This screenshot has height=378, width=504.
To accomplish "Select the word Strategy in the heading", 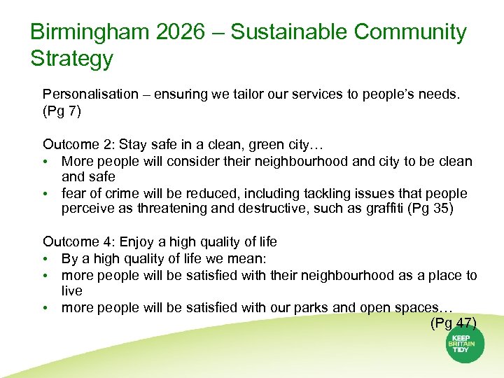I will tap(71, 58).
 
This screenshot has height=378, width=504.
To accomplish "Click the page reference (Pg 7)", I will tap(62, 111).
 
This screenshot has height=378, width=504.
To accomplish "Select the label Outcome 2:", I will tap(78, 145).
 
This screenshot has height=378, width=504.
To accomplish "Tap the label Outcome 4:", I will tap(78, 242).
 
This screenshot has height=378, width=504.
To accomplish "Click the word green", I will tap(262, 145).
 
